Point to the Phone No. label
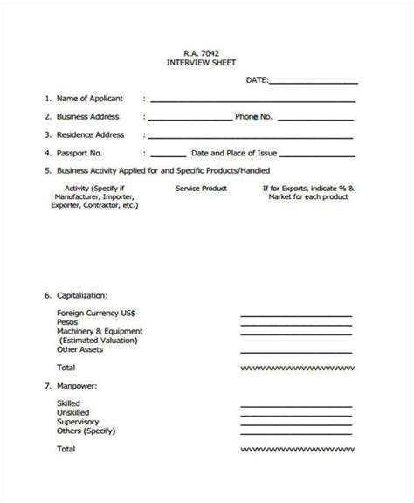point(254,116)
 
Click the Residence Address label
point(91,134)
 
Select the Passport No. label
point(82,152)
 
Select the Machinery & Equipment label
point(100,332)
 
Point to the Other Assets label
point(79,349)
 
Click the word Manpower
point(81,385)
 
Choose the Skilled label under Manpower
point(69,403)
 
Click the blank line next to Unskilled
point(296,412)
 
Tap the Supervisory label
point(79,421)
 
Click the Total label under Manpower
point(66,448)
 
